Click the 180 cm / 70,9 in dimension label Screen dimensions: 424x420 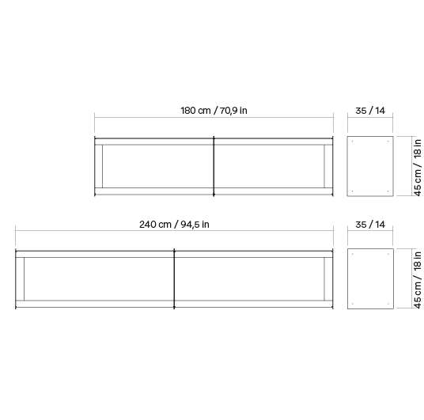coord(214,111)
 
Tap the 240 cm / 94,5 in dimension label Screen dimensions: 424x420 coord(174,225)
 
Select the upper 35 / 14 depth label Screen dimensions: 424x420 coord(370,111)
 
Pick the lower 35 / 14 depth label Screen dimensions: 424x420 coord(370,225)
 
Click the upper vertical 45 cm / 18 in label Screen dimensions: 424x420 coord(418,168)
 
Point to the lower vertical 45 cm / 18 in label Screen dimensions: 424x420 coord(418,280)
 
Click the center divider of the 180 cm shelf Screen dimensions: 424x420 coord(214,166)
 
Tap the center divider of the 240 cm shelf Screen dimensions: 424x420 coord(174,279)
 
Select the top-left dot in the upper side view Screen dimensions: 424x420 coord(352,141)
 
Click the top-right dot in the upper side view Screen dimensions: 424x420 coord(388,141)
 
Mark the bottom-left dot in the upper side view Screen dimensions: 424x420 coord(352,191)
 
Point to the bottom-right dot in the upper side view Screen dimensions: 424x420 coord(388,191)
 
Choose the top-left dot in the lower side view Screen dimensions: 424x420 coord(352,254)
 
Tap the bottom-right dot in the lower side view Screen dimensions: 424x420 coord(388,304)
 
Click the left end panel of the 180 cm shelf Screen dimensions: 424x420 coord(99,166)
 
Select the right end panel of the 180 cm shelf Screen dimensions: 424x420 coord(328,166)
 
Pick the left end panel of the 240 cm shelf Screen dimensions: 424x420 coord(20,279)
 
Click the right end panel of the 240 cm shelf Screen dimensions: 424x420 coord(328,279)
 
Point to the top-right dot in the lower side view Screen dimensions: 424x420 coord(388,254)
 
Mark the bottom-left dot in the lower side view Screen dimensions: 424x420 coord(352,304)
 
